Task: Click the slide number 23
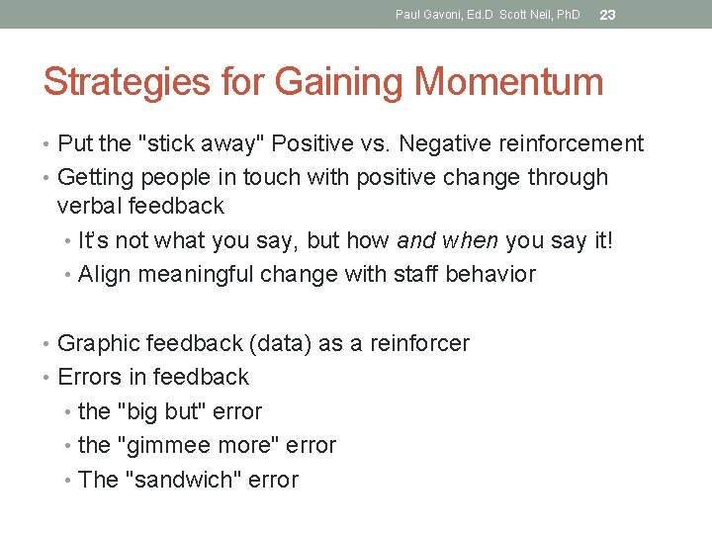click(x=608, y=15)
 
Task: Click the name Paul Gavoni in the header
click(x=425, y=15)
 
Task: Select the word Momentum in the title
click(x=509, y=81)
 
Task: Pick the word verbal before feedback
click(x=87, y=207)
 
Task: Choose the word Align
click(x=105, y=274)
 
